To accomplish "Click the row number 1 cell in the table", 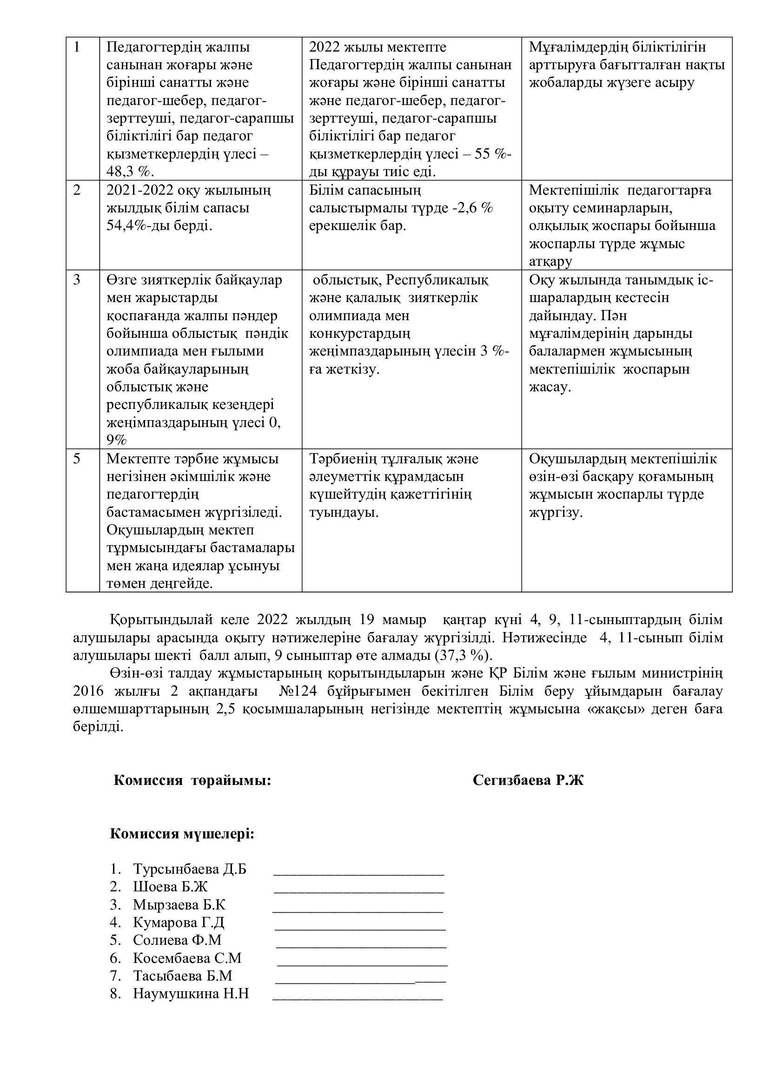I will coord(77,47).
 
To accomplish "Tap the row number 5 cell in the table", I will coord(77,459).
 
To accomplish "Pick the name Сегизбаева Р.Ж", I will coord(528,781).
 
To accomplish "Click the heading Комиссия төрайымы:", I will coord(192,781).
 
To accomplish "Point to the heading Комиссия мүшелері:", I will coord(182,834).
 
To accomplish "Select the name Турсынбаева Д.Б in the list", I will coord(189,869).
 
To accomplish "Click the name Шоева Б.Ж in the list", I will coord(170,887).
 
